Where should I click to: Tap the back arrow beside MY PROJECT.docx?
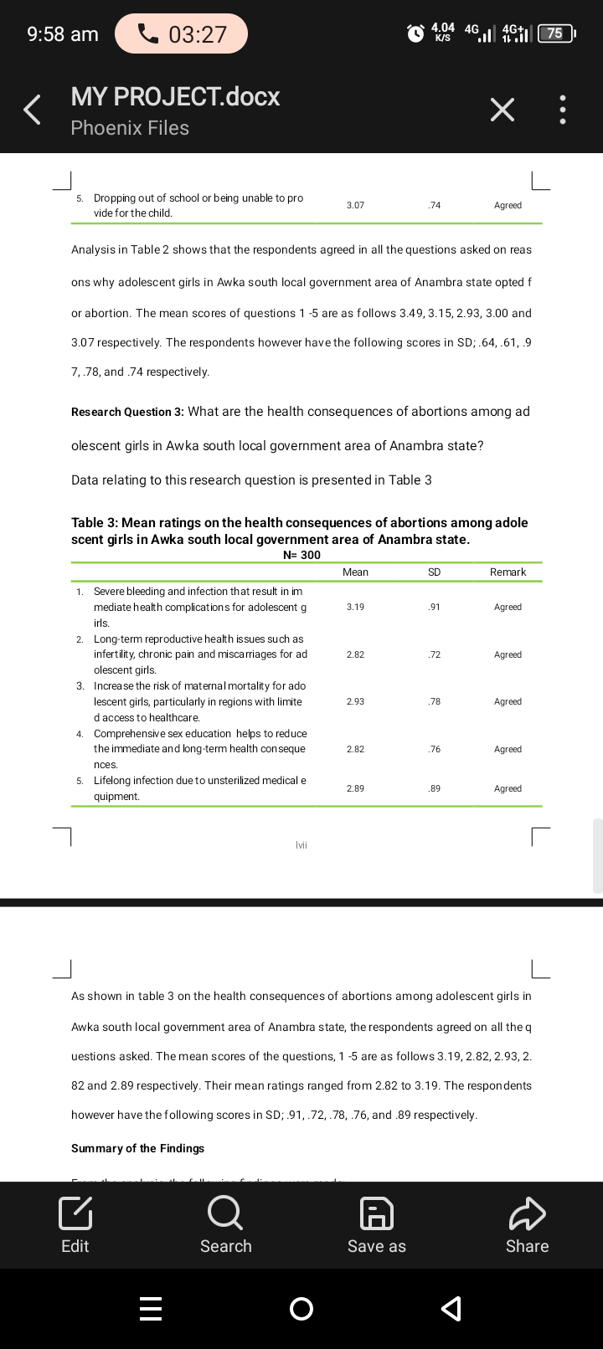tap(32, 110)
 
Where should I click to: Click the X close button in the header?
tap(502, 110)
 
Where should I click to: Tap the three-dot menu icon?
tap(563, 110)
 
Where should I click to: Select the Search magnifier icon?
tap(225, 1213)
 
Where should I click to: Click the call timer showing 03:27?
tap(182, 33)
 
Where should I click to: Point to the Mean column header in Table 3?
tap(355, 572)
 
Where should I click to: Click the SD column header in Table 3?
tap(434, 572)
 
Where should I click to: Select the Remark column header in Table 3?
tap(508, 572)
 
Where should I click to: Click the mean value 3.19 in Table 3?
tap(355, 607)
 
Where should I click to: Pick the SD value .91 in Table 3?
tap(434, 607)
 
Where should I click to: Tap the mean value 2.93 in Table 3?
tap(355, 701)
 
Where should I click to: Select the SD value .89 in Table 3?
tap(434, 788)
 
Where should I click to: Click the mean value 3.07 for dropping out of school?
tap(355, 205)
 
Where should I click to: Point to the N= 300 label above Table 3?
tap(301, 555)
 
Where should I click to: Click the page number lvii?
tap(301, 845)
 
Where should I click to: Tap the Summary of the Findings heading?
tap(137, 1148)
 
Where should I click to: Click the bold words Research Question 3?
tap(127, 412)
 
